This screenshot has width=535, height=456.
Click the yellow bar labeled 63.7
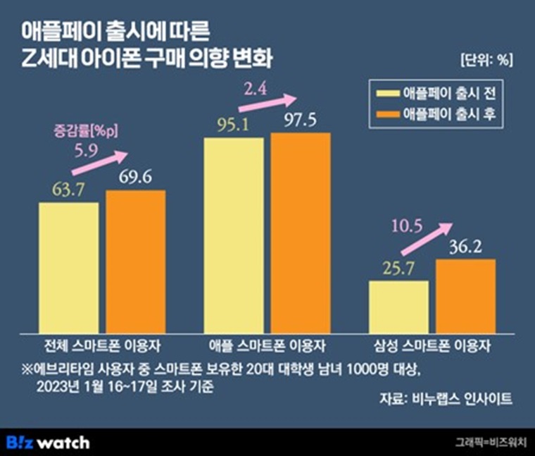click(68, 267)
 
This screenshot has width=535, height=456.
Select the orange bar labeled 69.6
click(136, 261)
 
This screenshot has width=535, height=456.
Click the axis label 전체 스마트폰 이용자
click(102, 346)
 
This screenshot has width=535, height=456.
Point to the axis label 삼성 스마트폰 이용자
click(432, 346)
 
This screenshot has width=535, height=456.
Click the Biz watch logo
click(49, 443)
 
